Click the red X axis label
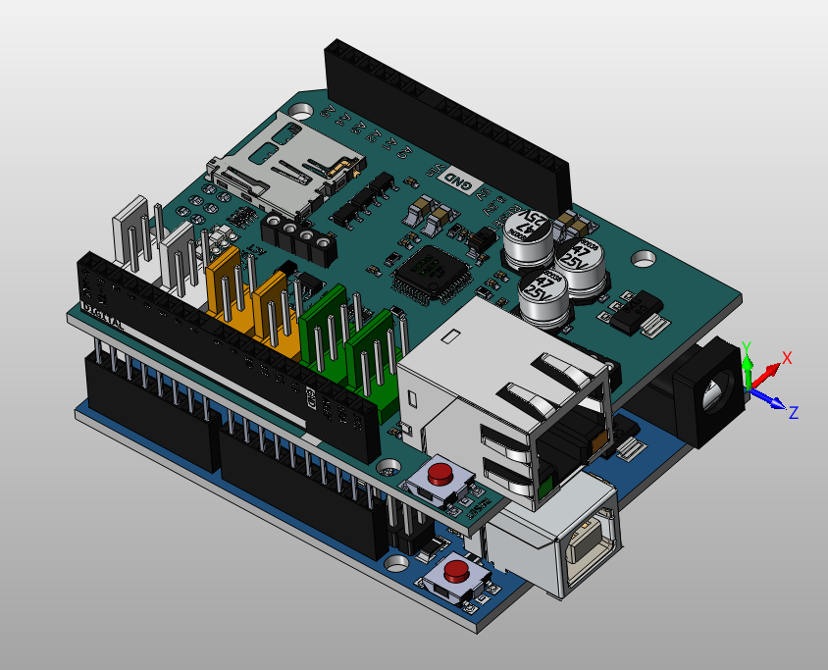(786, 357)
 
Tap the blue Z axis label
(794, 412)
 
